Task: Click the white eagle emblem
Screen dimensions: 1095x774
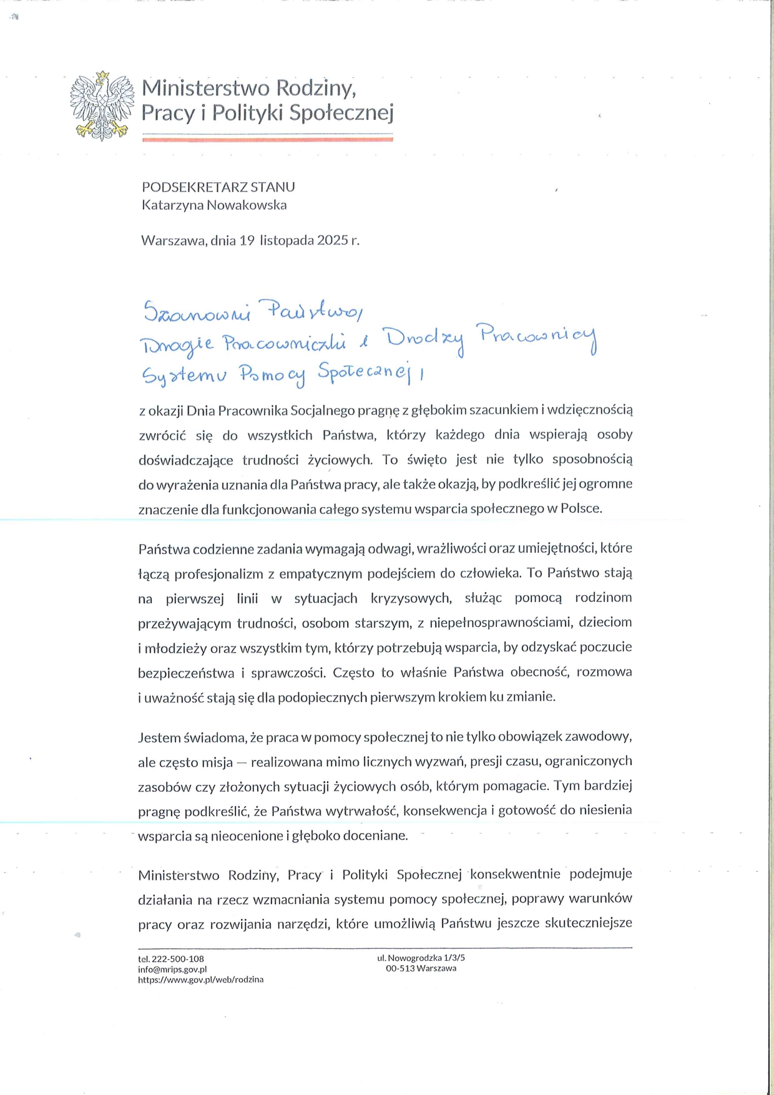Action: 102,105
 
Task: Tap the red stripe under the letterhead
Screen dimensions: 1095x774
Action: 267,140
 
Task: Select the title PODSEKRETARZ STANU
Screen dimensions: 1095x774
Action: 218,187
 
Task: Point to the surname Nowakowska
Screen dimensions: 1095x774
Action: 250,205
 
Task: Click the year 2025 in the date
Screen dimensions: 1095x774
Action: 332,240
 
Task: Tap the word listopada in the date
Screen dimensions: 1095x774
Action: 287,240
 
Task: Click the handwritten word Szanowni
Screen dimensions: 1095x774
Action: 196,312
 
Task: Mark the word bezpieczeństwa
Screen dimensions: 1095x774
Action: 186,673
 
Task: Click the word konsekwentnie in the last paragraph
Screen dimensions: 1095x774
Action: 515,874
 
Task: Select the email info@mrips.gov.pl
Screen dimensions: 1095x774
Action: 172,969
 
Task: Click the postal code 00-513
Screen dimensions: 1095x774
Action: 399,968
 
